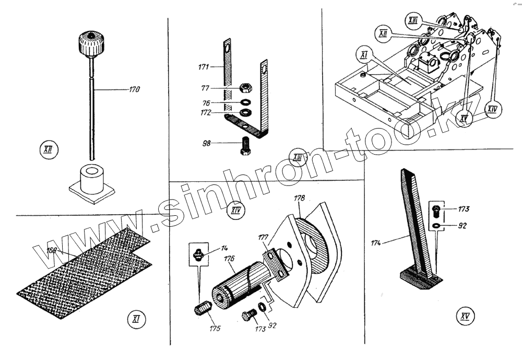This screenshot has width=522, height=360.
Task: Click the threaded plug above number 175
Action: tap(201, 309)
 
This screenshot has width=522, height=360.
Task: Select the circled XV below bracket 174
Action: tap(464, 316)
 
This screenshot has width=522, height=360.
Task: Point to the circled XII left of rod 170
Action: tap(49, 152)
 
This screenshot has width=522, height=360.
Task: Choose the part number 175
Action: tap(215, 329)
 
